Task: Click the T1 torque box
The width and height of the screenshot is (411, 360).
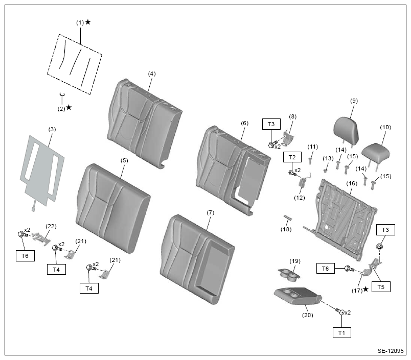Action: [342, 333]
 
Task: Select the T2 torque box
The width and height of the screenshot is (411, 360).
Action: [292, 157]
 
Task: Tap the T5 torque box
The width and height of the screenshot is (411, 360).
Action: [381, 287]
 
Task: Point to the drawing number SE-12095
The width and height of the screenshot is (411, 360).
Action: [391, 351]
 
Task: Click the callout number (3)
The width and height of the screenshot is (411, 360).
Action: [52, 129]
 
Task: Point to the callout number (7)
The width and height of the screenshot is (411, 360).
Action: [211, 212]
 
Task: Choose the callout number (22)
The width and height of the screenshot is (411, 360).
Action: [51, 226]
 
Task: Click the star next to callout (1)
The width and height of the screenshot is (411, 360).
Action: [88, 22]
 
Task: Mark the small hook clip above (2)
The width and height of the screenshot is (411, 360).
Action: [62, 94]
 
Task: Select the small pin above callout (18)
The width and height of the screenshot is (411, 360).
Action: [288, 218]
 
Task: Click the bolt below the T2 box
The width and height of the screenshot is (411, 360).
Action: [292, 173]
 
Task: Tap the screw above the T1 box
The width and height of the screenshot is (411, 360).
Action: [340, 311]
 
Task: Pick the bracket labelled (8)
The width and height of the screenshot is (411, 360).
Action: [288, 138]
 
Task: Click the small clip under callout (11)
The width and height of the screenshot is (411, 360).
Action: [310, 160]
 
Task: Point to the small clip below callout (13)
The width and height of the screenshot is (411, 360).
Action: [326, 171]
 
